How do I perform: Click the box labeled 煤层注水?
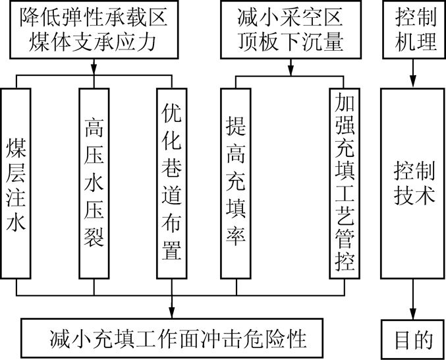coord(16,183)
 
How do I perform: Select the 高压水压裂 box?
coord(94,183)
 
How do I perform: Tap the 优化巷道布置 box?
coord(172,183)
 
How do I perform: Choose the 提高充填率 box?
coord(236,183)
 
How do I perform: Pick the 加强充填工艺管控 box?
coord(345,183)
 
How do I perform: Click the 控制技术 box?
coord(412,183)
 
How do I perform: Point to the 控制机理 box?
coord(414,30)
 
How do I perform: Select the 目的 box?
coord(413,339)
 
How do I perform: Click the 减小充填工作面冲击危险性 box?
coord(172,338)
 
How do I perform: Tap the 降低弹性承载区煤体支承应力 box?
coord(94,30)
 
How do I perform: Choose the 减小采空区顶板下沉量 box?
coord(291,30)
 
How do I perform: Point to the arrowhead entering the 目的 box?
coord(413,314)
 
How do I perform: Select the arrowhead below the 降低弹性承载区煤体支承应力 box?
coord(94,69)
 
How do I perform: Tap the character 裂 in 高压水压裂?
coord(94,236)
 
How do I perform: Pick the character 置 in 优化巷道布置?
coord(172,250)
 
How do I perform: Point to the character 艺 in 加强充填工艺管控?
coord(345,215)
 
